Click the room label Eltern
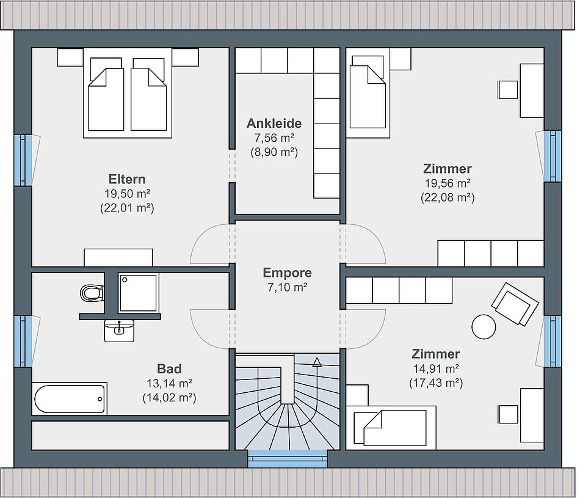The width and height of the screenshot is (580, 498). (127, 179)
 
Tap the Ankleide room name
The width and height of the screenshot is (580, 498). (274, 123)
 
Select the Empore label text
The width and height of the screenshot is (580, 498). (288, 273)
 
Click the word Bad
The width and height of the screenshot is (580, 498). (169, 369)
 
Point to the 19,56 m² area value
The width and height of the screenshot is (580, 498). (448, 183)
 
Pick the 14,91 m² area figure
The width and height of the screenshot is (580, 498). (436, 368)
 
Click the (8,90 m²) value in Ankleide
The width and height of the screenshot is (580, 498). (274, 152)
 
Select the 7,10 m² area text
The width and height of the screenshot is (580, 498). (288, 287)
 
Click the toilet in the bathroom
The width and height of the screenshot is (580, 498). (90, 293)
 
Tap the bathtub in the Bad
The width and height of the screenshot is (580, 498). (70, 399)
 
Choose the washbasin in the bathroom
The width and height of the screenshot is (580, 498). (119, 331)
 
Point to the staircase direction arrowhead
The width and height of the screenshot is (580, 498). (317, 362)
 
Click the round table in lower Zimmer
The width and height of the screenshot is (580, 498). (484, 326)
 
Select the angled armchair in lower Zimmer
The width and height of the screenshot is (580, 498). (515, 304)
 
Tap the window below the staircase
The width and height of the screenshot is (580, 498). (288, 458)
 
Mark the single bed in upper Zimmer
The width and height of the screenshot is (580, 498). (368, 97)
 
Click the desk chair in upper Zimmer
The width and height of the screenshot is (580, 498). (508, 90)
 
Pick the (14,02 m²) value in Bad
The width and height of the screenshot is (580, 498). (169, 397)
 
